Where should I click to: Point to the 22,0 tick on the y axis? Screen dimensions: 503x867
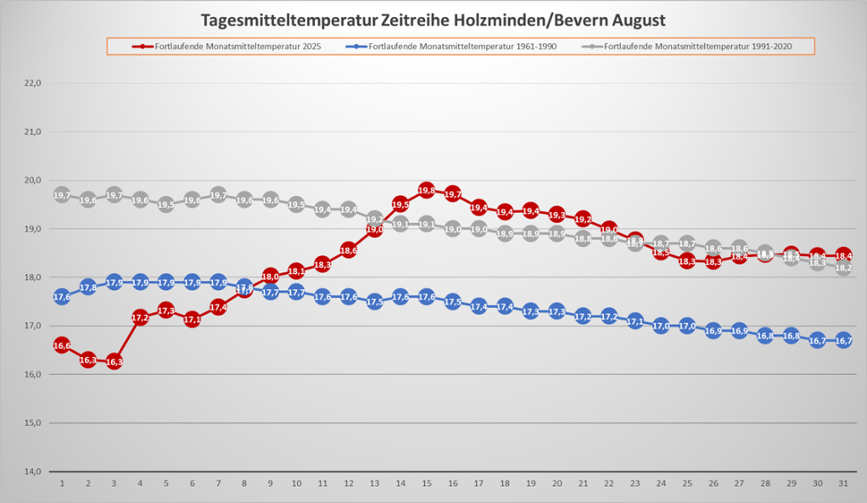[32, 83]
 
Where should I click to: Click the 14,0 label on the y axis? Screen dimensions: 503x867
[32, 472]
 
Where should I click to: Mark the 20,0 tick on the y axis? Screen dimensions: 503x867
[32, 181]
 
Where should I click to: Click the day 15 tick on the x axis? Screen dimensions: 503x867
[427, 483]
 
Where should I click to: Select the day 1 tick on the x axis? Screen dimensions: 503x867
[62, 483]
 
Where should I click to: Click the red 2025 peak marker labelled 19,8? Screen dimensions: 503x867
[427, 191]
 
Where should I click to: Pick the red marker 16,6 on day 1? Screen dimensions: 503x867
[62, 345]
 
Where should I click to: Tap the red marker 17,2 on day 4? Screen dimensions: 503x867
[140, 317]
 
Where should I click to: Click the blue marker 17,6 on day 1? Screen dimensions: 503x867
[62, 297]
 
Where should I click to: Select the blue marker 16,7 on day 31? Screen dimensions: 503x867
[843, 341]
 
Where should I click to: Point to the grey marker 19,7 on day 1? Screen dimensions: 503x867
[62, 195]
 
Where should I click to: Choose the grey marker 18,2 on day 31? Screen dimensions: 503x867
[843, 268]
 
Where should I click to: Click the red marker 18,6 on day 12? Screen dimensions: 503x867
[349, 250]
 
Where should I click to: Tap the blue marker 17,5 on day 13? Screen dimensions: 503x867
[375, 302]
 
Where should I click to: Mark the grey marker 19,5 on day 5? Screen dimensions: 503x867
[166, 204]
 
